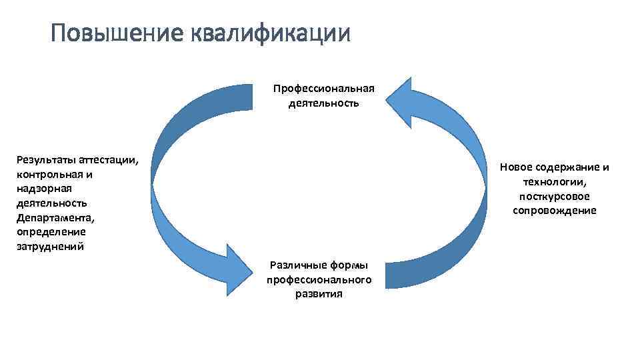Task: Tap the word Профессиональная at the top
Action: pos(324,89)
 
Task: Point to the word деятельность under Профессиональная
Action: pos(324,103)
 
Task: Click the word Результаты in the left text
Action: pos(44,160)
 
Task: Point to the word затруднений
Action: pos(49,247)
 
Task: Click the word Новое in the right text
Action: pos(516,167)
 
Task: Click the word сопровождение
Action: pos(555,211)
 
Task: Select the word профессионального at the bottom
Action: pos(319,279)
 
